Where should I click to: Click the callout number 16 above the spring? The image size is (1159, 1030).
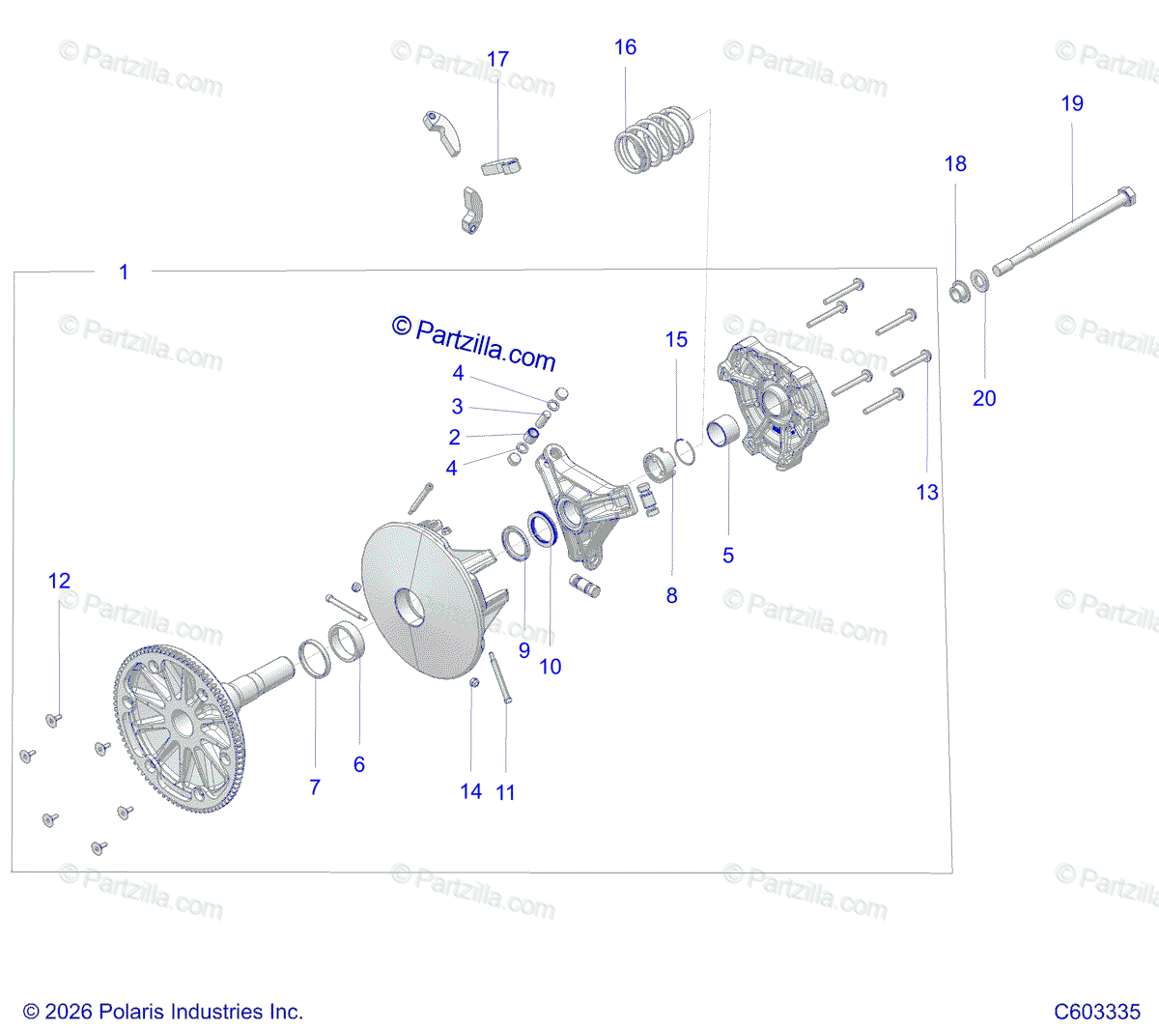(x=625, y=47)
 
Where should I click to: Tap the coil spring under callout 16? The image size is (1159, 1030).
(x=654, y=140)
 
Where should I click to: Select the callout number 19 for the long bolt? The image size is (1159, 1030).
(x=1072, y=103)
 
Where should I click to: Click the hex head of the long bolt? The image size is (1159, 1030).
(x=1125, y=197)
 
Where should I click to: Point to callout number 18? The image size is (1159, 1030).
(x=955, y=164)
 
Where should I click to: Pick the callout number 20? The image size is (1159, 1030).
(x=984, y=398)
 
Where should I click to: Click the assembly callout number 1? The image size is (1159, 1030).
(x=124, y=272)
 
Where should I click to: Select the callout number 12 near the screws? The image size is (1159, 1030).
(x=59, y=581)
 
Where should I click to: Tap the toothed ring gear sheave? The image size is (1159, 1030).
(x=179, y=729)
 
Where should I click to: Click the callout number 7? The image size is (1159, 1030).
(x=315, y=787)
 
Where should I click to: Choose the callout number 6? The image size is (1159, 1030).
(x=359, y=764)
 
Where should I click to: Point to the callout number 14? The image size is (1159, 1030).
(x=470, y=792)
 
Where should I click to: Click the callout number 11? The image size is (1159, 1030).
(x=505, y=793)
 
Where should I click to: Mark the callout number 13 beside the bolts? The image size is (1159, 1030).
(x=927, y=492)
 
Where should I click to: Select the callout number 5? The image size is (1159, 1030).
(x=728, y=555)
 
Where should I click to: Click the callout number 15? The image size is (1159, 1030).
(x=676, y=340)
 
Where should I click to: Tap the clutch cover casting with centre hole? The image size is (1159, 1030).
(x=773, y=404)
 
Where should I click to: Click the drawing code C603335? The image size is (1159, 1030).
(x=1097, y=1012)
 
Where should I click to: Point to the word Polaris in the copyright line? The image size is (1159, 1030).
(x=132, y=1012)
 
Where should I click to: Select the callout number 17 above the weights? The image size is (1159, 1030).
(x=497, y=60)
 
